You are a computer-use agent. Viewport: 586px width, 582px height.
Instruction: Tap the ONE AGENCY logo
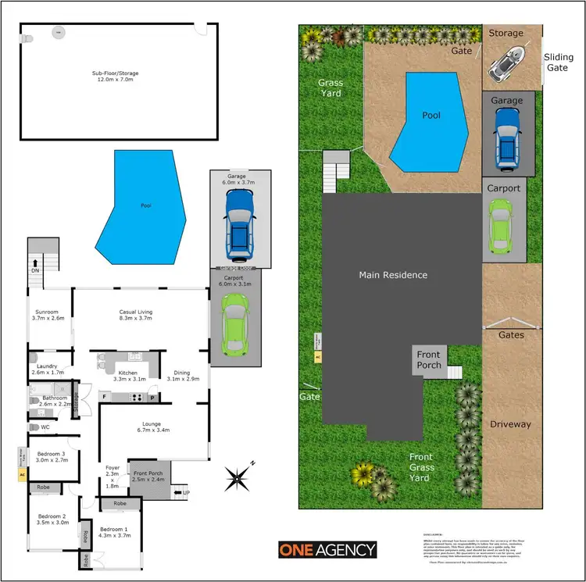327,550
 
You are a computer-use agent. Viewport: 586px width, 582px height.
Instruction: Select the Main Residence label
393,275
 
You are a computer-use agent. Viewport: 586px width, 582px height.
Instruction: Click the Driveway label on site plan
510,424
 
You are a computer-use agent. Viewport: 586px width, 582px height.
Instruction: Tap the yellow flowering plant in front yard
363,473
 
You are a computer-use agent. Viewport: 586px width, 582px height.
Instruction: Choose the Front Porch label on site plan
428,360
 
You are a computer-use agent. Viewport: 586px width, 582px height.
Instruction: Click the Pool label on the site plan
431,115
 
